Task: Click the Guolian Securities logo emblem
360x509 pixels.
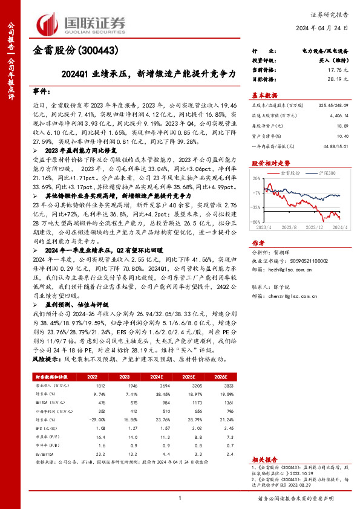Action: [48, 24]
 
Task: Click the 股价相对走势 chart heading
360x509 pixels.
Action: [270, 163]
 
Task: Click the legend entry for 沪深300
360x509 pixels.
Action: [327, 173]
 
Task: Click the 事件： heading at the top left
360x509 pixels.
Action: [42, 91]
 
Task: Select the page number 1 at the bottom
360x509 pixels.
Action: [180, 498]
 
